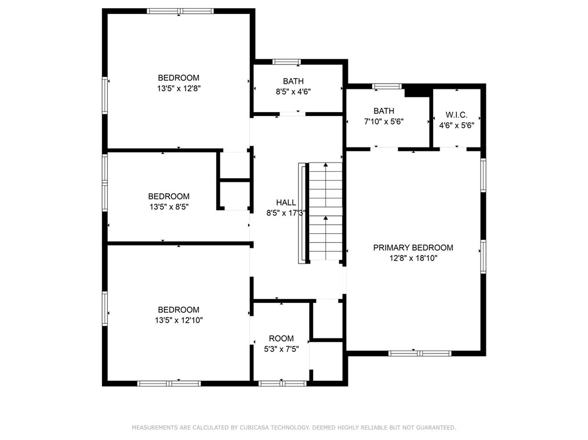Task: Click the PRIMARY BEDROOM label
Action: (413, 247)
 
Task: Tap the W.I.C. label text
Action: (456, 115)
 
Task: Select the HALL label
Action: (286, 203)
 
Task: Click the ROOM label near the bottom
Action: (281, 338)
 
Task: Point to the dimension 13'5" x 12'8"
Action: (179, 89)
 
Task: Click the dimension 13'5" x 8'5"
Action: (169, 207)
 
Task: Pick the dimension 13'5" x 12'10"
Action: (179, 320)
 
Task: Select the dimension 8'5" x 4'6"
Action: (293, 92)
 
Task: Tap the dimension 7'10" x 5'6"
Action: (384, 122)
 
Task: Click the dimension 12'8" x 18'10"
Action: (413, 258)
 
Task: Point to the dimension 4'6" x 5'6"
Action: (456, 125)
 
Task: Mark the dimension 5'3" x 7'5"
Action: (281, 349)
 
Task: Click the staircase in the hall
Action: (325, 211)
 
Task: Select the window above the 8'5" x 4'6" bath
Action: (286, 62)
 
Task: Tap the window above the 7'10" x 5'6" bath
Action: (387, 86)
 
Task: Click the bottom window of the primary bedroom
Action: (420, 354)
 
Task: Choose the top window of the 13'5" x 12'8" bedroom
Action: (180, 11)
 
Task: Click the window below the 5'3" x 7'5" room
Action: (282, 383)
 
